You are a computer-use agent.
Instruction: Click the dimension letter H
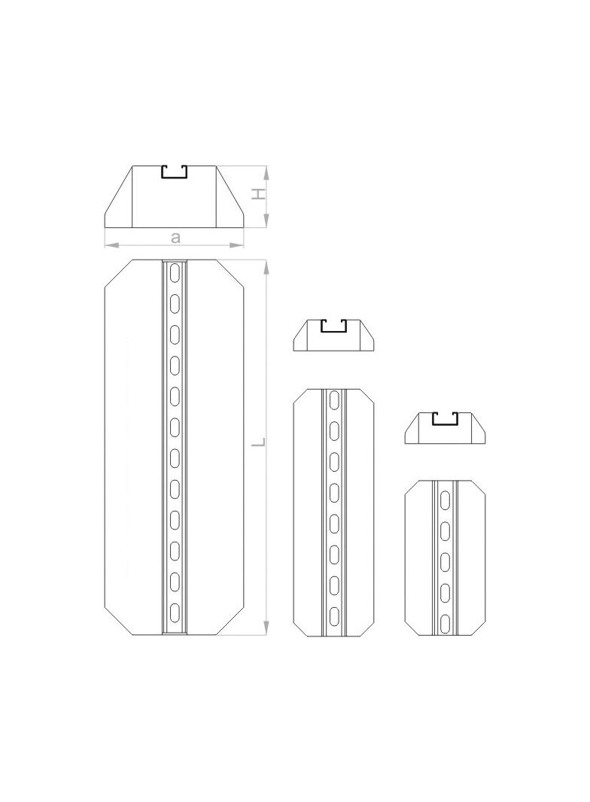coord(260,195)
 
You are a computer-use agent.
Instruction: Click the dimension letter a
coord(175,237)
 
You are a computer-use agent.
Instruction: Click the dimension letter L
coord(260,442)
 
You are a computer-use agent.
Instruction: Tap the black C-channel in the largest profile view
coord(175,172)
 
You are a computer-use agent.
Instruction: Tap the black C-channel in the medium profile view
coord(333,326)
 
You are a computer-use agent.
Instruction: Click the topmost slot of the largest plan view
coord(175,272)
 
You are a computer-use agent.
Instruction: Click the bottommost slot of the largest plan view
coord(175,612)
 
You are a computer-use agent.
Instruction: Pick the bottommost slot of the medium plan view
coord(334,615)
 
